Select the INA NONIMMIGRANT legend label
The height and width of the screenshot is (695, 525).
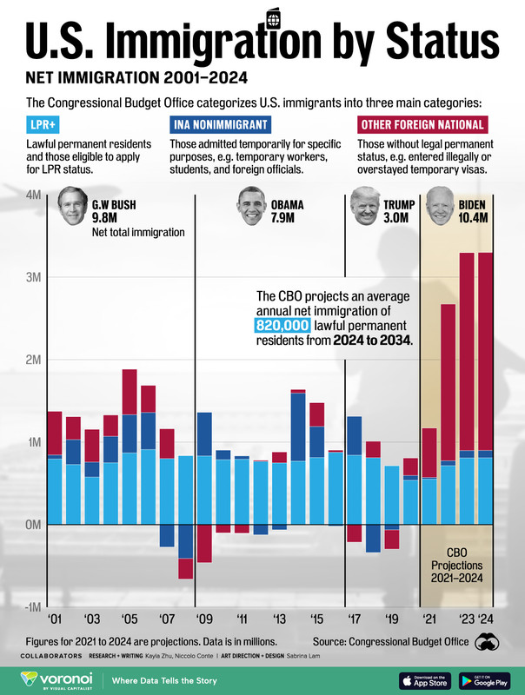[x=218, y=124]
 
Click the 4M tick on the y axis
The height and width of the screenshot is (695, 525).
[x=32, y=195]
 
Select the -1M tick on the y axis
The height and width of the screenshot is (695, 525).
[x=30, y=607]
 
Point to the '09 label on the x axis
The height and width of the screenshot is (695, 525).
[x=203, y=620]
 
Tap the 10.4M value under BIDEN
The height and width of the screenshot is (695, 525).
[x=476, y=219]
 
